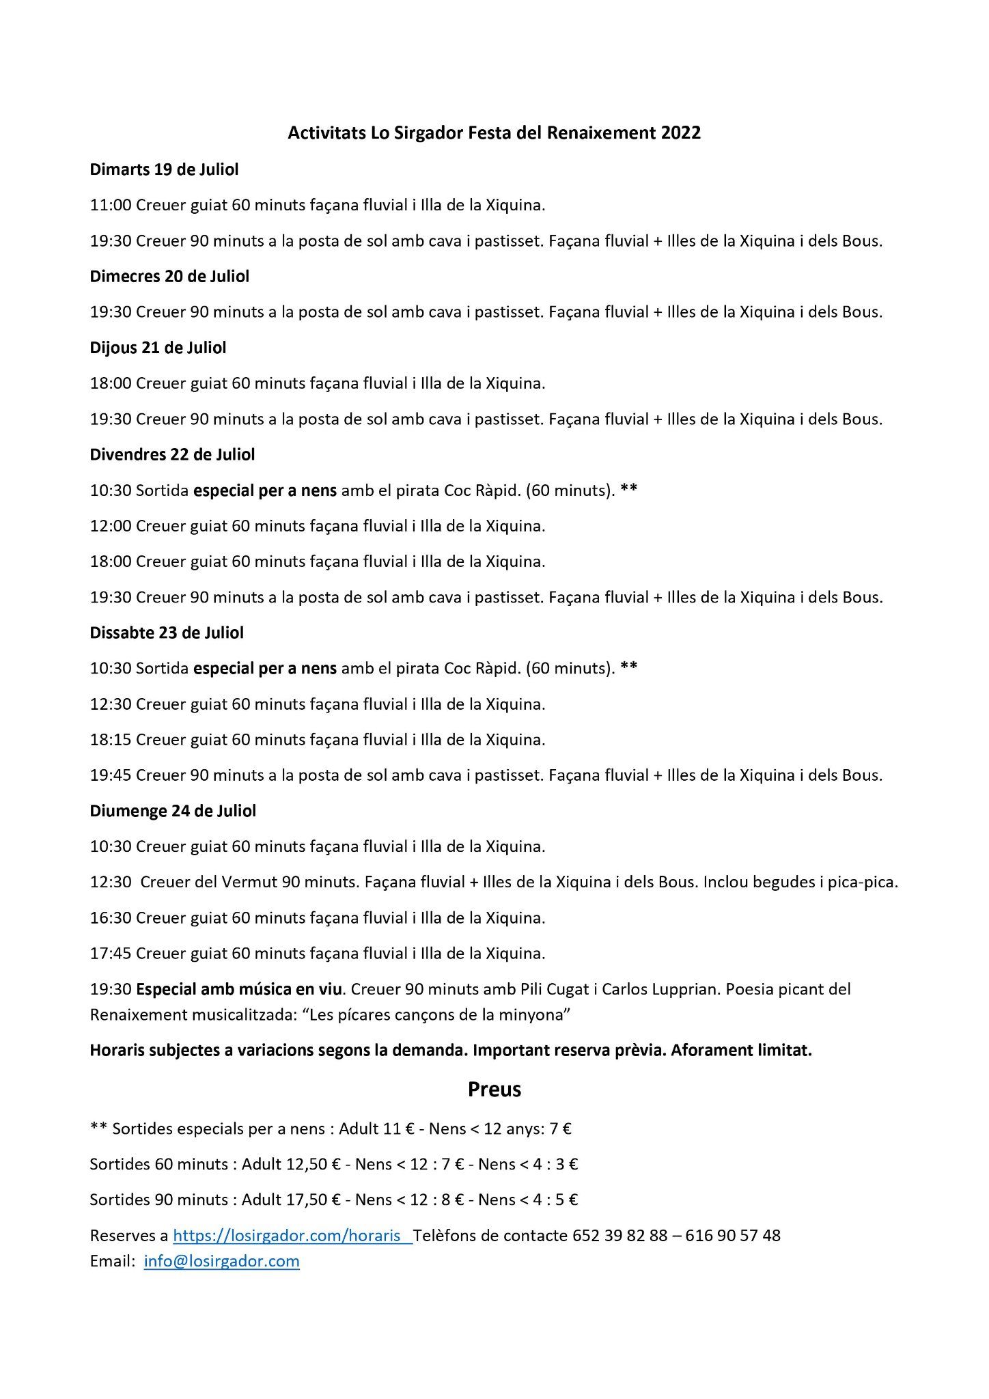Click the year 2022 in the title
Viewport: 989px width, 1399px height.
pyautogui.click(x=680, y=133)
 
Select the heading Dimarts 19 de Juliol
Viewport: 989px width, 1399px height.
pyautogui.click(x=164, y=169)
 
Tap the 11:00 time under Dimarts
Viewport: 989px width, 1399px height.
pyautogui.click(x=110, y=205)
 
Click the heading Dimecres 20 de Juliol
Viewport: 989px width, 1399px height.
pyautogui.click(x=169, y=277)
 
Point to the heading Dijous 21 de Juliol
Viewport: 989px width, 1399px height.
pyautogui.click(x=158, y=348)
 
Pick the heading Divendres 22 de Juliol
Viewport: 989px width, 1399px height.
pyautogui.click(x=172, y=454)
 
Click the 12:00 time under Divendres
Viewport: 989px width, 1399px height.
pyautogui.click(x=110, y=526)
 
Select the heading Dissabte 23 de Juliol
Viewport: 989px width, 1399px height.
pyautogui.click(x=167, y=633)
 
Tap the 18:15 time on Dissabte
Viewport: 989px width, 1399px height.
pyautogui.click(x=110, y=740)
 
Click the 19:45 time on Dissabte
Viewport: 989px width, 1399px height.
pyautogui.click(x=110, y=775)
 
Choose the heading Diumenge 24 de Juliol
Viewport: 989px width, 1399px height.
pyautogui.click(x=173, y=811)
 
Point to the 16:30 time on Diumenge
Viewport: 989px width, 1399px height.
pyautogui.click(x=110, y=918)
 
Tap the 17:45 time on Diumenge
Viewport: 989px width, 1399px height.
pyautogui.click(x=110, y=954)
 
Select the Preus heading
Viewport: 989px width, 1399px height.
pyautogui.click(x=494, y=1090)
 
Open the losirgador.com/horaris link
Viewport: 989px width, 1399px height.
pyautogui.click(x=292, y=1235)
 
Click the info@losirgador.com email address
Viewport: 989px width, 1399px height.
pyautogui.click(x=222, y=1261)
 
